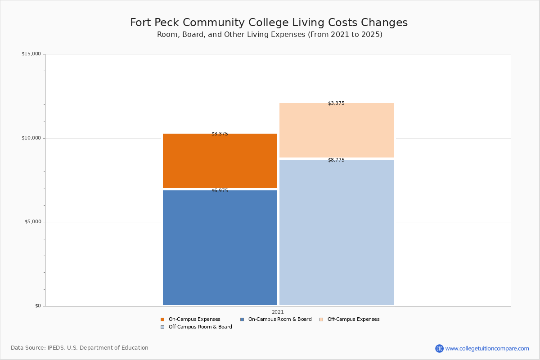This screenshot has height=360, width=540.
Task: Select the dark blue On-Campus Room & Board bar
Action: tap(220, 247)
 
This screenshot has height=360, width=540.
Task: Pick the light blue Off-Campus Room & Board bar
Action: tap(336, 232)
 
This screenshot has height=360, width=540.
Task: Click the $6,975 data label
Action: tap(220, 191)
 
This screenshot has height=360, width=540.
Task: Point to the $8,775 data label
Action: tap(336, 160)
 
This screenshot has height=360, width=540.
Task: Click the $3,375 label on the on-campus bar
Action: tap(220, 134)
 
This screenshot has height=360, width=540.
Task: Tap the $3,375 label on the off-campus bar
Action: tap(336, 103)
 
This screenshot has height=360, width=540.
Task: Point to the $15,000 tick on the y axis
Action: tap(31, 54)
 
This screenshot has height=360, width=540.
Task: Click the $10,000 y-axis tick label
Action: tap(31, 138)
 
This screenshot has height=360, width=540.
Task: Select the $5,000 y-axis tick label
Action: tap(32, 222)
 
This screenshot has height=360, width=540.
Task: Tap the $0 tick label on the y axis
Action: tap(38, 306)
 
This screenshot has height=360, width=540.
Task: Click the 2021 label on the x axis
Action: tap(278, 312)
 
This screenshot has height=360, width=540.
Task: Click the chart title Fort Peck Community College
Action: tap(269, 23)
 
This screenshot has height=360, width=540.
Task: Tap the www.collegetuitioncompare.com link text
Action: tap(487, 348)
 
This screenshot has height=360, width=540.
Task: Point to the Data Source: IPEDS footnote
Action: tap(80, 348)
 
